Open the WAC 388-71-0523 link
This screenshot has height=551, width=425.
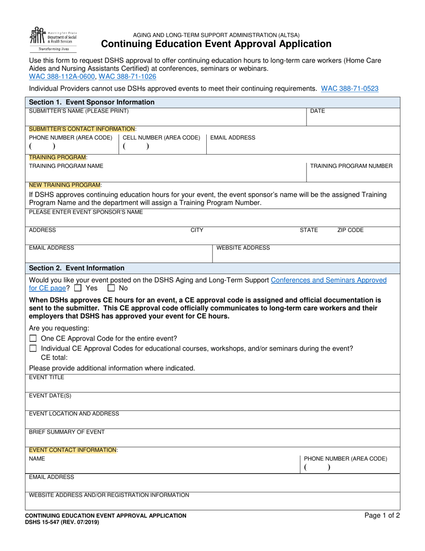[x=349, y=89]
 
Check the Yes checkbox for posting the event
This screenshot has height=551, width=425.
[x=78, y=288]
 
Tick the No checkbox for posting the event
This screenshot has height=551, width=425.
[x=111, y=288]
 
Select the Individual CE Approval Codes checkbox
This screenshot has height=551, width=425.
[x=33, y=349]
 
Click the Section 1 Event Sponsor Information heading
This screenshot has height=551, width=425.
[x=92, y=102]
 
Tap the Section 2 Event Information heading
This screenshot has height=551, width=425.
[x=76, y=268]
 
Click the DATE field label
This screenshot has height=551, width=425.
[x=317, y=111]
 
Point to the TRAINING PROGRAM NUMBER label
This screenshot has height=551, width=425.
[x=351, y=166]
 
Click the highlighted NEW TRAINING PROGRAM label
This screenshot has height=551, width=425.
[x=65, y=185]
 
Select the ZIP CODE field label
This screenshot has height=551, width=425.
[x=350, y=230]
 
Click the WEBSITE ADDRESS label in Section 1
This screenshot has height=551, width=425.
[x=243, y=248]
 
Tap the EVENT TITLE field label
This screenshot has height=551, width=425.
[x=47, y=377]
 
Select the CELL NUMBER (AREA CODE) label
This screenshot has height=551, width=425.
[x=161, y=138]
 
